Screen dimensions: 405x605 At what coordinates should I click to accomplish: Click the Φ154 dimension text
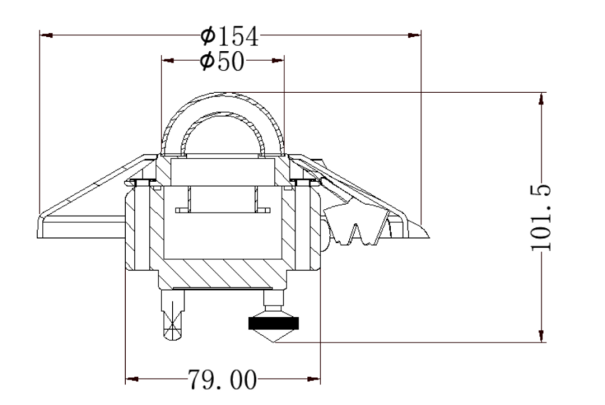click(229, 35)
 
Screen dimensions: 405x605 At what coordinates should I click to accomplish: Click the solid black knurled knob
click(274, 324)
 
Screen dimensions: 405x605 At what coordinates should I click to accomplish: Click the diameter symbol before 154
click(208, 35)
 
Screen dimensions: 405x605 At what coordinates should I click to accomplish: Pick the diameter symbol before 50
click(207, 62)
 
